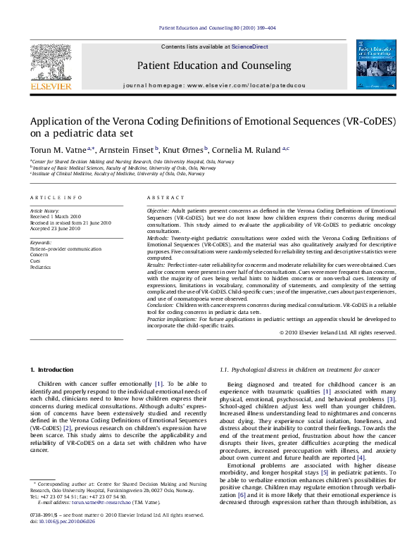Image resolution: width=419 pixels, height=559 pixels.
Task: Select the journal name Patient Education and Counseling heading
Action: tap(210, 65)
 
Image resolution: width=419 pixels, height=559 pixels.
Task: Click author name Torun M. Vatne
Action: tap(49, 149)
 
